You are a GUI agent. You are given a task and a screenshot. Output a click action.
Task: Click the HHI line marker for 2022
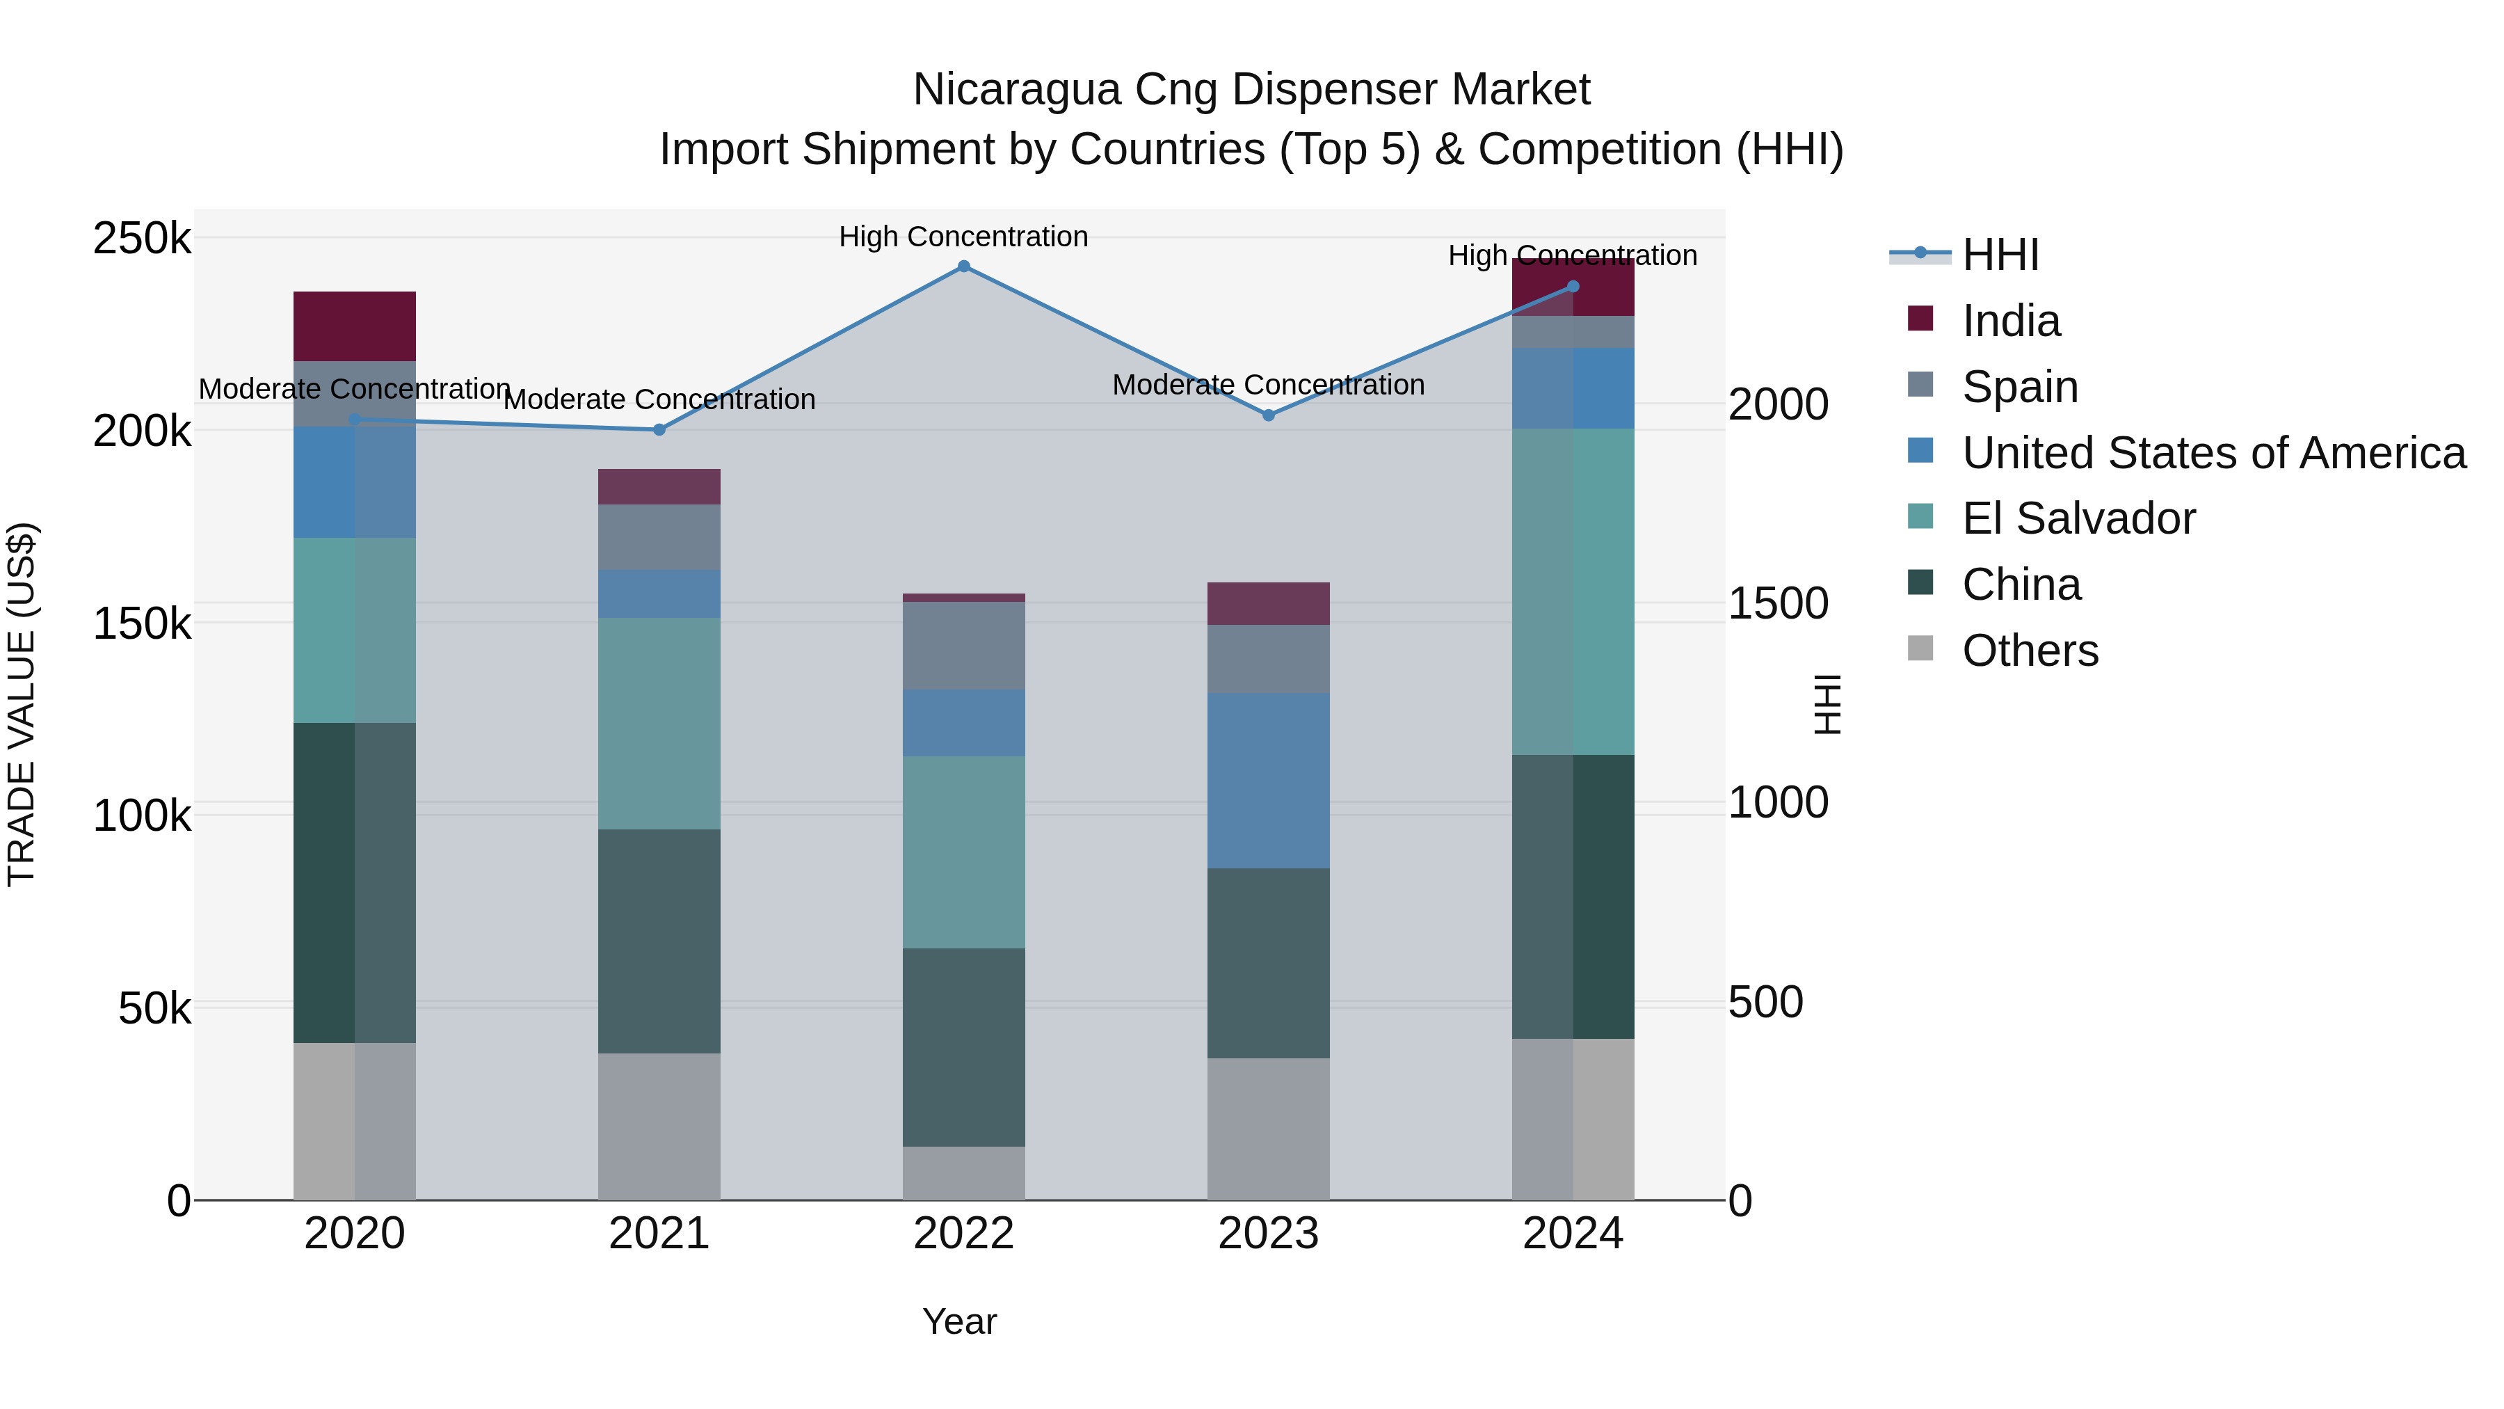click(x=963, y=266)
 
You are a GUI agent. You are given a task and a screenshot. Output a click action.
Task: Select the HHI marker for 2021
click(x=659, y=430)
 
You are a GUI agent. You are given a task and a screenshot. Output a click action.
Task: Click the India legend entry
click(x=2010, y=321)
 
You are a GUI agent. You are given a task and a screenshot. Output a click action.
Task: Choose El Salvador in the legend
click(x=2078, y=518)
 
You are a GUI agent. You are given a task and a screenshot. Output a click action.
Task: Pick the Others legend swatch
click(x=1920, y=648)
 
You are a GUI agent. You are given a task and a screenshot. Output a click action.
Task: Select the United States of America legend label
click(x=2213, y=453)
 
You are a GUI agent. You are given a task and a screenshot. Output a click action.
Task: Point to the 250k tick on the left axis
click(x=142, y=238)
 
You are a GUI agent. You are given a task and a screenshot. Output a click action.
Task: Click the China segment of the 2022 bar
click(x=963, y=1046)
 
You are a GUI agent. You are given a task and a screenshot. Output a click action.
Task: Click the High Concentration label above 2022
click(x=963, y=237)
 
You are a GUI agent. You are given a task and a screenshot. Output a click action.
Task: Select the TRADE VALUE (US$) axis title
click(x=22, y=704)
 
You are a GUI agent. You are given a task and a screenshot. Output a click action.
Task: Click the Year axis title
click(x=959, y=1321)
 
